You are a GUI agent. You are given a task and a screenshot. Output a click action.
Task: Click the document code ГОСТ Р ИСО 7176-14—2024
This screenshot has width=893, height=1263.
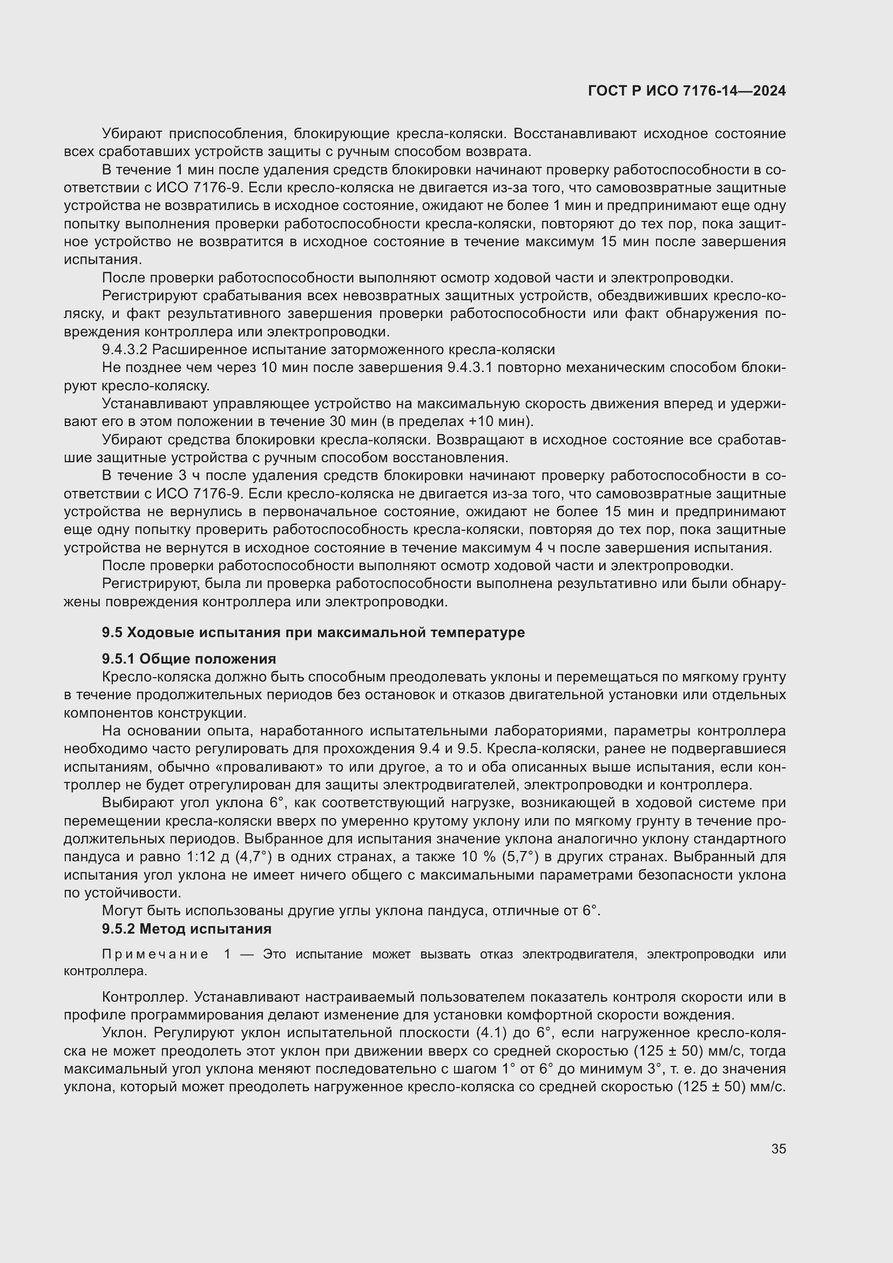[686, 91]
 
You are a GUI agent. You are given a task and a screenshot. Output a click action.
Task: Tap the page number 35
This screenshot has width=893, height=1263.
[778, 1149]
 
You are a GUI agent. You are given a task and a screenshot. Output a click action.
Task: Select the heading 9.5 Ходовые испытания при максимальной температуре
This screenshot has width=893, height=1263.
[313, 632]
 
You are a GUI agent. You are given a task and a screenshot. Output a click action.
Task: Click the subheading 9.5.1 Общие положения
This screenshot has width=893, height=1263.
[188, 658]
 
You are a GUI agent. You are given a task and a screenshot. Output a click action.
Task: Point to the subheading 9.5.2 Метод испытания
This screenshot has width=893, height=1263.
[186, 929]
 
